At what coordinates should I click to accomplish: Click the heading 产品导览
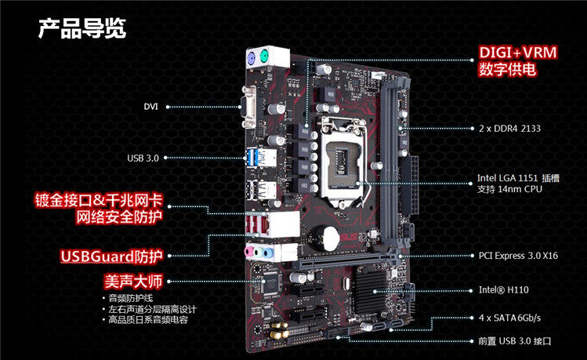coord(82,29)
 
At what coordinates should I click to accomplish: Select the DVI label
coord(151,106)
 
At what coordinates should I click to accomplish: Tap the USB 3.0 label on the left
coord(143,158)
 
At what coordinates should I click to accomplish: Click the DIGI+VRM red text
coord(518,53)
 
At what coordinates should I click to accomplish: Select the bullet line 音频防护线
coord(134,299)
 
